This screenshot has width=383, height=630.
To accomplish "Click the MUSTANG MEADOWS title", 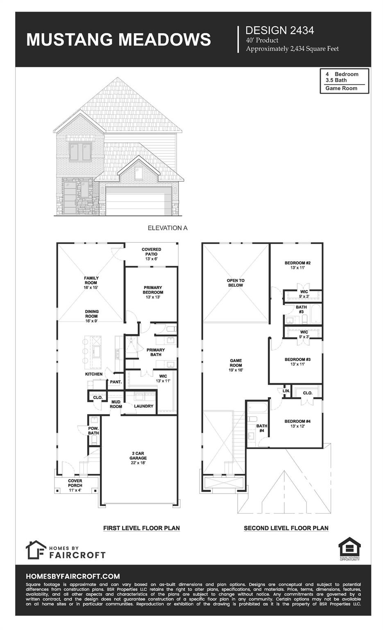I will coord(118,40).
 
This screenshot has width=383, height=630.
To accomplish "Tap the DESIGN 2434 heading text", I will coord(279,30).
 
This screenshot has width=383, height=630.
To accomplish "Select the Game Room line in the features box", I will coord(341,88).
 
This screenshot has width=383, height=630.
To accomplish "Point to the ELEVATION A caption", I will coord(168,228).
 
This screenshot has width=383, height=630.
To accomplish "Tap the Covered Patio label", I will coord(151,254).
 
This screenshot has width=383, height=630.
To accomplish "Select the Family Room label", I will coord(91,283).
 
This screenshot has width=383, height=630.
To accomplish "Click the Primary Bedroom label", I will coord(153,292).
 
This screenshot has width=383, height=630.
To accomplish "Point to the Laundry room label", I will coord(143,406).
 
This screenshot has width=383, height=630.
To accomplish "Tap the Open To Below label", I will coord(235,283).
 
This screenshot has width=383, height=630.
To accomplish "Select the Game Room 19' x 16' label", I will coord(236,365).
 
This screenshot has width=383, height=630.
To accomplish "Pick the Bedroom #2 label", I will coord(297,265).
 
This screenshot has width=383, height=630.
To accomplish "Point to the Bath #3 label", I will coord(301,309).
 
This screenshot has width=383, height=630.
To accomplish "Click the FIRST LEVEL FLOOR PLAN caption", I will coord(141,528).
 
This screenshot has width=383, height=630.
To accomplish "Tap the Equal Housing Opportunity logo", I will coord(349,548).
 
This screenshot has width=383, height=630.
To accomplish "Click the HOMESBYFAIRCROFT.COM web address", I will coord(73,576).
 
